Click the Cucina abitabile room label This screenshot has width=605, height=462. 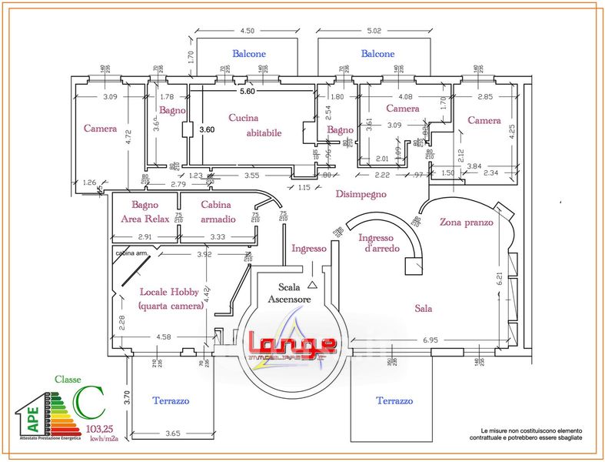point(254,125)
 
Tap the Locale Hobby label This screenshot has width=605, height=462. point(171,299)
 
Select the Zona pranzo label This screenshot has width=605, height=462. point(466,222)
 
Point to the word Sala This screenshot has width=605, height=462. point(424,307)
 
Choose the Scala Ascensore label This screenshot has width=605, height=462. point(289,293)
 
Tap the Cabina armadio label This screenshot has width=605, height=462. point(218,212)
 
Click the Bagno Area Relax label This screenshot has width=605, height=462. point(145,212)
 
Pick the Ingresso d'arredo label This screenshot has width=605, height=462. point(376,243)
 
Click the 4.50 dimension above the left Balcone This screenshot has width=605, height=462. point(247,31)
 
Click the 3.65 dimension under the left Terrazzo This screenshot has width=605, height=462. point(172,434)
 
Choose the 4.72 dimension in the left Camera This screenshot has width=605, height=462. point(129,137)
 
